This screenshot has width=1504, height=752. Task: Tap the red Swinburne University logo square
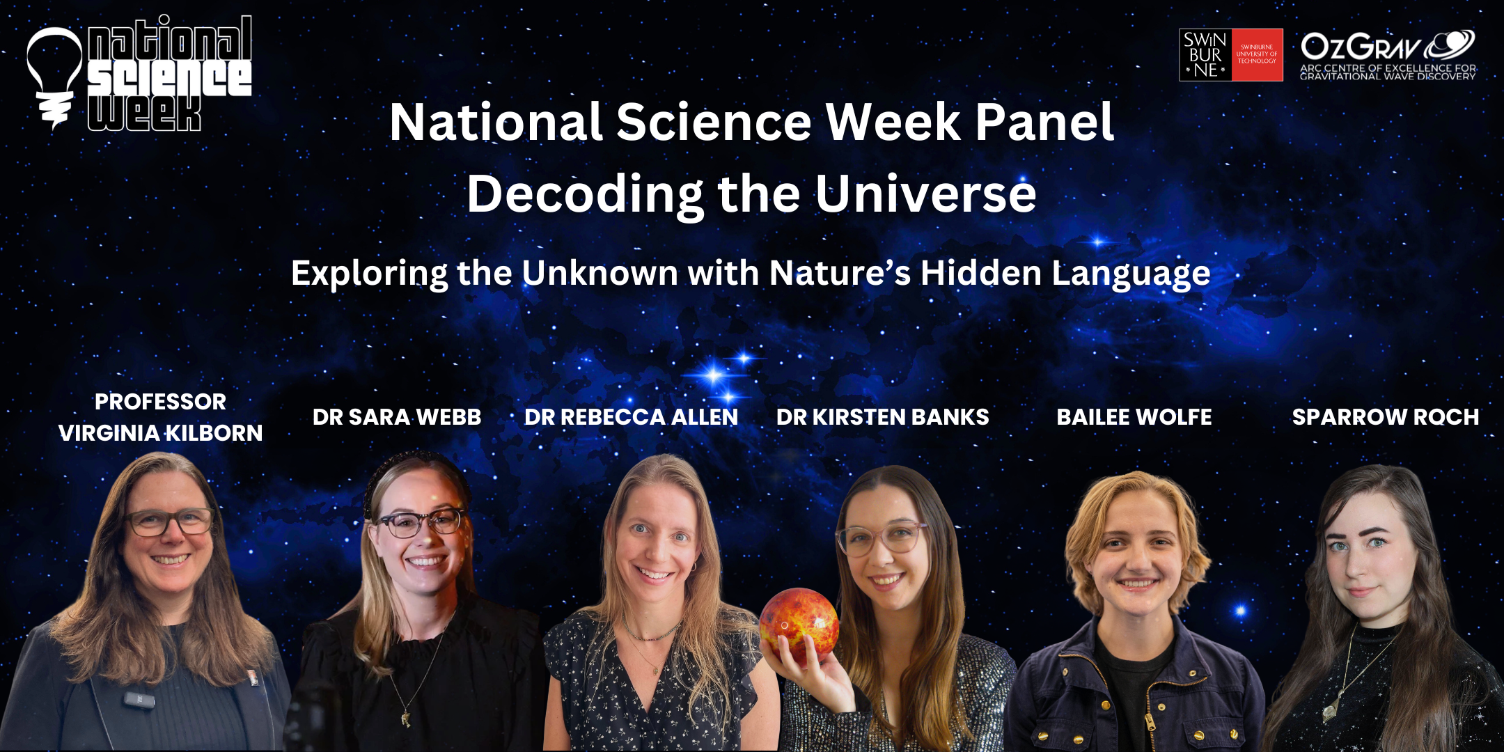click(x=1257, y=55)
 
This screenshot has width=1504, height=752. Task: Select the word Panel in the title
click(x=1044, y=123)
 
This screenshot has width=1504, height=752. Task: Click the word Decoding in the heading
click(x=585, y=195)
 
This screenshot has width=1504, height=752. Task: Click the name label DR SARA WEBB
click(x=397, y=417)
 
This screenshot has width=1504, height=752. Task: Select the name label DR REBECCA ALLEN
click(x=631, y=417)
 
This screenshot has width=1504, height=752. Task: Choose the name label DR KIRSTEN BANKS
click(x=882, y=417)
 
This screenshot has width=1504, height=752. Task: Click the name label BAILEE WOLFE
click(x=1134, y=417)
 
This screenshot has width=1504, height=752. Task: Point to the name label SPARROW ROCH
click(x=1386, y=417)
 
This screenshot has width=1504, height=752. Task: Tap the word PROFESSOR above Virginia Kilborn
click(x=160, y=402)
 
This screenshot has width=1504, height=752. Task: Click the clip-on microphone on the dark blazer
click(x=139, y=698)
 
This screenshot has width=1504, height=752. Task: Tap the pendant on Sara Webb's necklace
click(x=405, y=717)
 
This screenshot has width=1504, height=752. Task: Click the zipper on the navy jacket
click(x=1150, y=717)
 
